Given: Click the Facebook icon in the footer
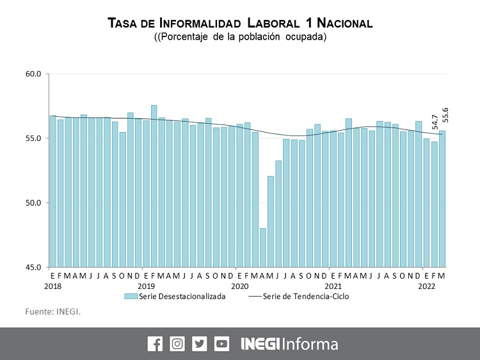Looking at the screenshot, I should [155, 343].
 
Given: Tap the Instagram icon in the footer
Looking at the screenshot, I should [177, 343].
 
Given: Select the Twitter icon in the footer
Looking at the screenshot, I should [200, 343].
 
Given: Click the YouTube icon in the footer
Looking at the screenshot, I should [222, 343].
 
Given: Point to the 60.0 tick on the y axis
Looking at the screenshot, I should [33, 74].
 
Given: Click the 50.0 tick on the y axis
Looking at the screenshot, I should [33, 203].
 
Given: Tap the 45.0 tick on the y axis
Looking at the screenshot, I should [33, 267].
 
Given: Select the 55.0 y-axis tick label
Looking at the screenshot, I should [33, 138].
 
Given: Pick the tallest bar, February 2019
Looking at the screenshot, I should [154, 186].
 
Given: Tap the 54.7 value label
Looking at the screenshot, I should [435, 122].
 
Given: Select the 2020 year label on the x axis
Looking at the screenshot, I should [239, 286].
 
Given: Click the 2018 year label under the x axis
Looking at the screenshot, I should [52, 286].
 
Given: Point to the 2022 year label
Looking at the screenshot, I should [427, 286].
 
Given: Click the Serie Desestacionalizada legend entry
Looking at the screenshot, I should [175, 297].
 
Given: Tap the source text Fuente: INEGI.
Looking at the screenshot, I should [53, 312].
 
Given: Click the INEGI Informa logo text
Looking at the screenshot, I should [289, 343].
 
